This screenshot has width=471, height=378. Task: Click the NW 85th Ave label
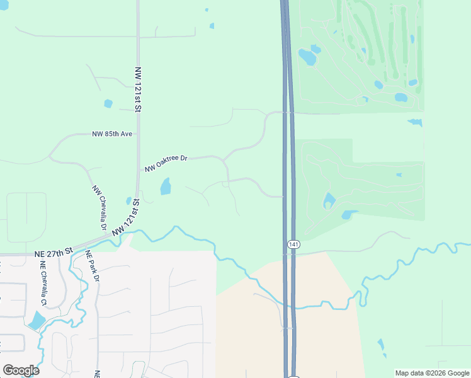tap(112, 134)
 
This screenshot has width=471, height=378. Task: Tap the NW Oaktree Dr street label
tap(166, 163)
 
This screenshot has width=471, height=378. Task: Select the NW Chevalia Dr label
tap(99, 207)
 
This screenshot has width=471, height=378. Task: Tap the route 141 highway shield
tap(293, 244)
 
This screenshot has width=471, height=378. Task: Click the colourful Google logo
tap(21, 370)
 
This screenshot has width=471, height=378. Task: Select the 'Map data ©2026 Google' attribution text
tap(432, 373)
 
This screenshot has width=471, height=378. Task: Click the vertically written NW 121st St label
tap(137, 88)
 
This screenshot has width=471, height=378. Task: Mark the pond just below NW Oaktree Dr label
tap(166, 186)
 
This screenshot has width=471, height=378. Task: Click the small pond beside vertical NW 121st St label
tap(108, 103)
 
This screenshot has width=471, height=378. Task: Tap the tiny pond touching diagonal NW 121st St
tap(129, 201)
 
